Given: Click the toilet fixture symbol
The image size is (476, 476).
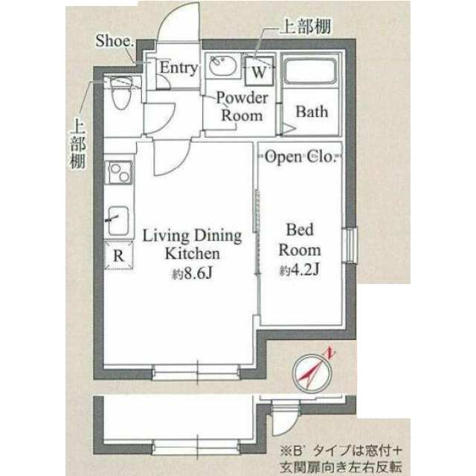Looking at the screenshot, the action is click(121, 92).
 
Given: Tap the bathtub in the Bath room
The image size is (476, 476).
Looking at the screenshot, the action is click(310, 71).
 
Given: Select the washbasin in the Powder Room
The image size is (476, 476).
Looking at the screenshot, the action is click(223, 65).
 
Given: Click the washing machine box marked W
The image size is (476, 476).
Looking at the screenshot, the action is click(259, 71).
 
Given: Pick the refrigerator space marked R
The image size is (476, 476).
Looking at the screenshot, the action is click(119, 255).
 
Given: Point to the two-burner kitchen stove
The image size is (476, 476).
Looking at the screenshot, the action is click(119, 173).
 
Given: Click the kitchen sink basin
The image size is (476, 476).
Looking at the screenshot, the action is click(118, 221).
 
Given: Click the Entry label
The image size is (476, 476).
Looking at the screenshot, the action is click(178, 68).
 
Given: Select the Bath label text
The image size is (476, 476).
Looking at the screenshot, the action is click(312, 112).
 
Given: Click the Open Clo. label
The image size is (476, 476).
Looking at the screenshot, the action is click(299, 157).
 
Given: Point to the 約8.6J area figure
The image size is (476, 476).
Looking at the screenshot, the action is click(192, 274).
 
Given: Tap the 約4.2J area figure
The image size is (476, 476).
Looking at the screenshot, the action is click(299, 269).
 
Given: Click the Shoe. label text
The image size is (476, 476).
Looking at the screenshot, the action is click(115, 41).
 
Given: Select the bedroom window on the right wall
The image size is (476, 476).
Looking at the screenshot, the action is click(350, 245).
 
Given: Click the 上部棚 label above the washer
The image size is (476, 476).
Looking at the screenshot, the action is click(305, 27).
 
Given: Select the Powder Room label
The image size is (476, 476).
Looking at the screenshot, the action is click(242, 106).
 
